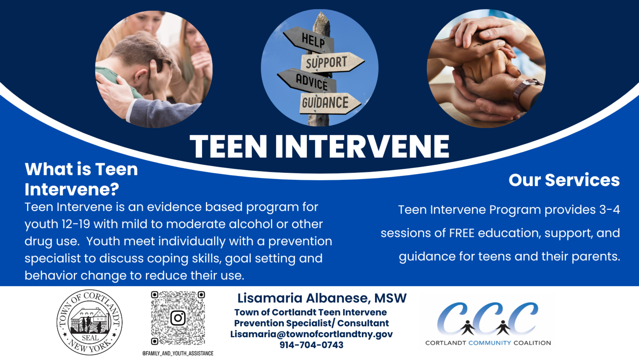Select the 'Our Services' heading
click(564, 180)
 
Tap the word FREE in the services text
click(462, 233)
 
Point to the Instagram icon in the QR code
click(178, 318)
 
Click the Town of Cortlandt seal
click(89, 322)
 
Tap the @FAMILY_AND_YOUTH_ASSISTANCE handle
click(178, 354)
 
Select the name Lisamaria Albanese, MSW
click(322, 298)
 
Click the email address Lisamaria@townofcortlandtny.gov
click(312, 334)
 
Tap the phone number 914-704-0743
click(311, 345)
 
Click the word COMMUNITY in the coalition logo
click(490, 342)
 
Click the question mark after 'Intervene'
click(114, 189)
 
